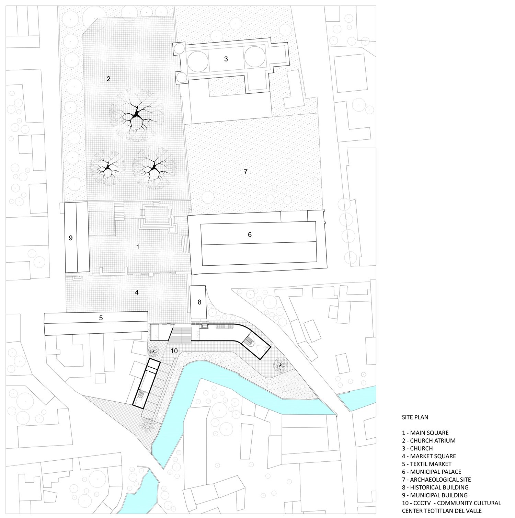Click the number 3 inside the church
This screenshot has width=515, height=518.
(x=226, y=59)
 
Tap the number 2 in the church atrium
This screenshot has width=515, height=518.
(x=108, y=79)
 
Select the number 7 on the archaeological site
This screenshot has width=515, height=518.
(x=245, y=172)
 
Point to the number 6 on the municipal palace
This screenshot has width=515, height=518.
(x=250, y=234)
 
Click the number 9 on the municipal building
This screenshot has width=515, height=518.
(x=71, y=238)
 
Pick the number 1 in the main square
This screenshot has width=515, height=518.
(x=138, y=247)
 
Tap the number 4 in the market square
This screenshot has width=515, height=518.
(x=137, y=292)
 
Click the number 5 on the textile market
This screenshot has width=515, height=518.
(x=101, y=318)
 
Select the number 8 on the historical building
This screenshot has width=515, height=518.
(x=199, y=302)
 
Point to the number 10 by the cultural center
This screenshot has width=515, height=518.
(x=174, y=351)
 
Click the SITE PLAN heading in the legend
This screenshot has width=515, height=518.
(x=415, y=417)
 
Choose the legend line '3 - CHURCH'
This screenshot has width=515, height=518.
(x=417, y=448)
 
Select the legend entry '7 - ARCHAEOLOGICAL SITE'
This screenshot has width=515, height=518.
(x=436, y=480)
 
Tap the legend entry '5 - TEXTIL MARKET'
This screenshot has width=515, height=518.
(x=427, y=464)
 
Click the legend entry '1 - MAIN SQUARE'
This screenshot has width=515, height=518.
(x=425, y=433)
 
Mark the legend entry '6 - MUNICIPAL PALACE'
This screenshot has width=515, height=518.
(x=432, y=472)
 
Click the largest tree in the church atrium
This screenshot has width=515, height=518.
(x=137, y=114)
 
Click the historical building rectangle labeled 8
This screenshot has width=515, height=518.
(x=198, y=302)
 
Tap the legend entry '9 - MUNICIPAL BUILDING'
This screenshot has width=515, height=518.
(x=435, y=495)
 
